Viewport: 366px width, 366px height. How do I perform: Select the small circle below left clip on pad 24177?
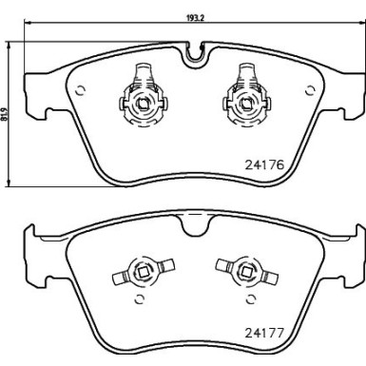click(142, 301)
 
